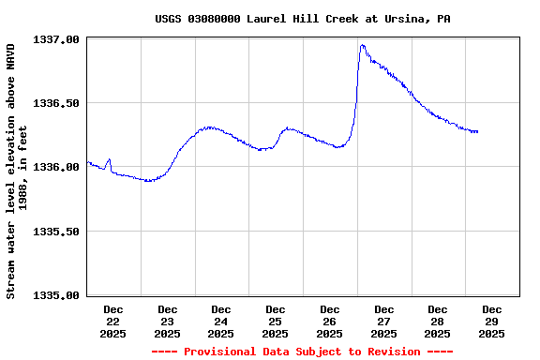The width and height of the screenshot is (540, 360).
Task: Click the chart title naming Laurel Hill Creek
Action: click(302, 19)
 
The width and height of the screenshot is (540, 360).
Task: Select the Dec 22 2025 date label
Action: click(113, 321)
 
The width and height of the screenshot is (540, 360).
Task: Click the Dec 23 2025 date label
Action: click(168, 321)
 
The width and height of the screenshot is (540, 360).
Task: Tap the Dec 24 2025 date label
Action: click(221, 321)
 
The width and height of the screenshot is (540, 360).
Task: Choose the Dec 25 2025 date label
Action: click(276, 321)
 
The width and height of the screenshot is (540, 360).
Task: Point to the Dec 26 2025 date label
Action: click(330, 321)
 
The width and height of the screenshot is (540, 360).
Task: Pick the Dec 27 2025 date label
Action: click(383, 321)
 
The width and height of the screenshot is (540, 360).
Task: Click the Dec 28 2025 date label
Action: click(438, 321)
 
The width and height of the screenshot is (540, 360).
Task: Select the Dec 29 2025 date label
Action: click(492, 321)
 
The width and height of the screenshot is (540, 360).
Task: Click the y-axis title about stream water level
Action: click(16, 169)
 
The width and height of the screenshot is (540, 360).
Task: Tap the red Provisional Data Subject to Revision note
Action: click(302, 352)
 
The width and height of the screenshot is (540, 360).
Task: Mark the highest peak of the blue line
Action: click(362, 45)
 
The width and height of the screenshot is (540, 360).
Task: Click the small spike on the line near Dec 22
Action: click(109, 159)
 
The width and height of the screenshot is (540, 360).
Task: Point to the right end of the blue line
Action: click(477, 132)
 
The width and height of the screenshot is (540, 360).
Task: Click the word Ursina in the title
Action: click(405, 19)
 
